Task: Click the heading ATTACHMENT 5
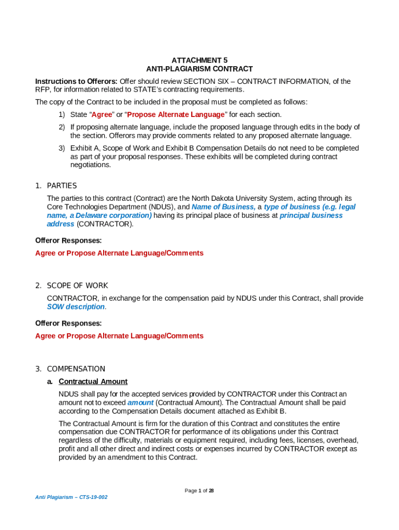point(199,60)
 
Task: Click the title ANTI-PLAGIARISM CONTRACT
point(199,69)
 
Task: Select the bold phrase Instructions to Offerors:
point(76,81)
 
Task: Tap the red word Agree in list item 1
point(102,114)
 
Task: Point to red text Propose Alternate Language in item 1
point(176,114)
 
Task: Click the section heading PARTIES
point(62,185)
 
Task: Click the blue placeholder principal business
point(311,215)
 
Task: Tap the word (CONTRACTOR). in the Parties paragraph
point(105,224)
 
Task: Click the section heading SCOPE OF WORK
point(77,285)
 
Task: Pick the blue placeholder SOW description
point(76,307)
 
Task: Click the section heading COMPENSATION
point(76,369)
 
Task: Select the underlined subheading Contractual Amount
point(93,381)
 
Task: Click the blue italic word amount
point(140,403)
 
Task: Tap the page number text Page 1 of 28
point(199,491)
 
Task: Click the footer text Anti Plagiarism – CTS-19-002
point(72,497)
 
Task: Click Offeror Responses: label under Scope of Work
point(68,323)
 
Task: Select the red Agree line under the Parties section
point(119,253)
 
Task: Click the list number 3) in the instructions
point(61,148)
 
